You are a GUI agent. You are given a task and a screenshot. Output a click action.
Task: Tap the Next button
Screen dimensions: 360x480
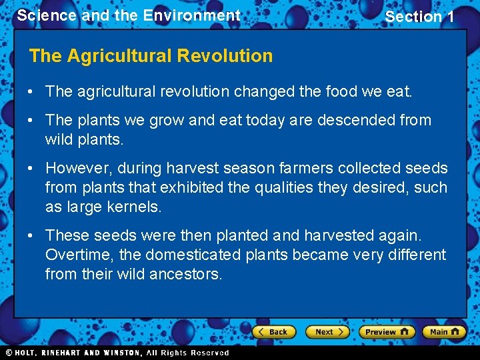pyautogui.click(x=327, y=331)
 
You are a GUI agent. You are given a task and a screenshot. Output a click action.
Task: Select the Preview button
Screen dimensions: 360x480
pyautogui.click(x=386, y=331)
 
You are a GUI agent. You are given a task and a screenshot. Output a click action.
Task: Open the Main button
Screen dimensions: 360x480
pyautogui.click(x=443, y=331)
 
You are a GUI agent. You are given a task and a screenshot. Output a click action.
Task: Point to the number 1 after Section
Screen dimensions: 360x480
pyautogui.click(x=449, y=17)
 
